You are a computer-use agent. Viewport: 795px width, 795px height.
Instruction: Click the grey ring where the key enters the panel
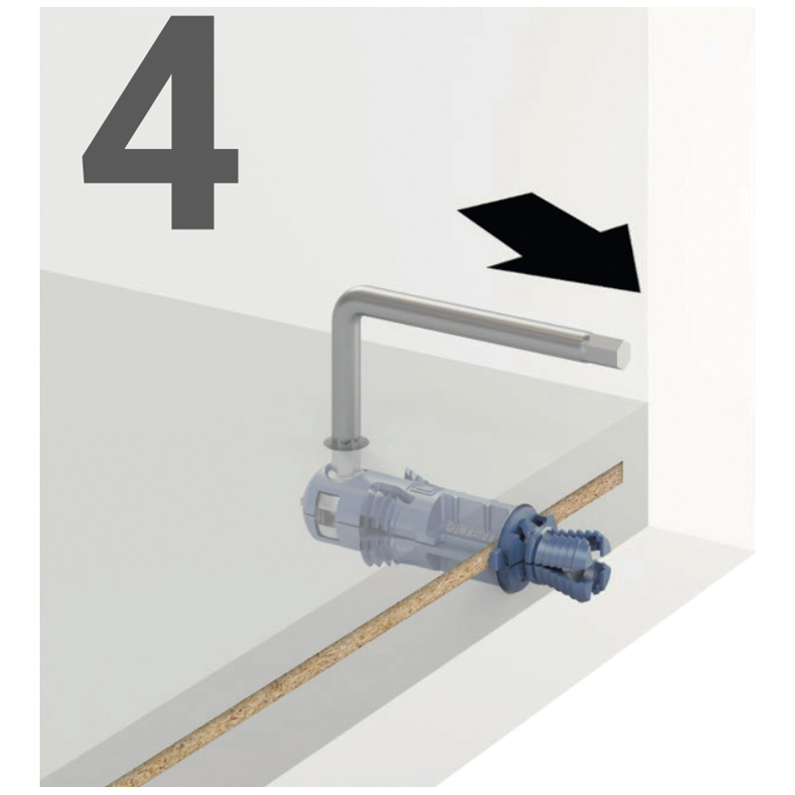pos(346,444)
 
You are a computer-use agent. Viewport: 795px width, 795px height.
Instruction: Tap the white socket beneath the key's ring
pos(346,463)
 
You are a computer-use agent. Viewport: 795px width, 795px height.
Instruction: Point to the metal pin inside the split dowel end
pos(584,574)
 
